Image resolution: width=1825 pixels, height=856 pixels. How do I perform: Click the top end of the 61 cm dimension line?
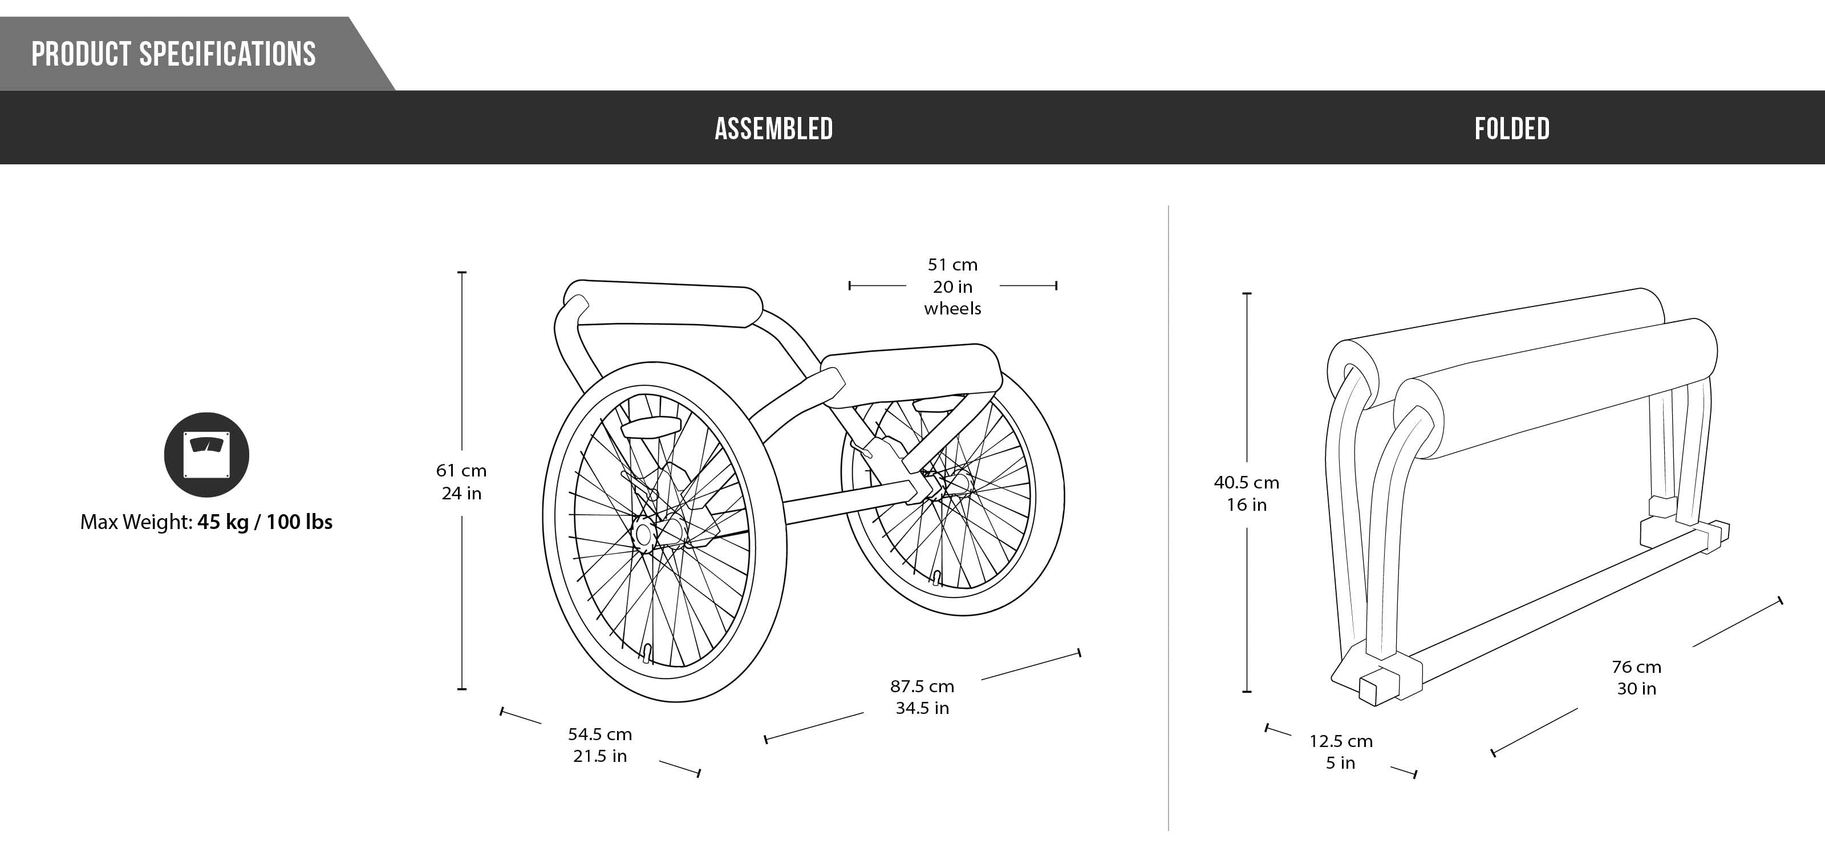tap(462, 272)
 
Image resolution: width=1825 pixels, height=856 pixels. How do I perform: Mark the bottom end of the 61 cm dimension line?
tap(462, 689)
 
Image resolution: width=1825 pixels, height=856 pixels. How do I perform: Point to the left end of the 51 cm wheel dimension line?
tap(849, 285)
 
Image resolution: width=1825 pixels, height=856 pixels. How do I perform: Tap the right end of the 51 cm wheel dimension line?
tap(1056, 285)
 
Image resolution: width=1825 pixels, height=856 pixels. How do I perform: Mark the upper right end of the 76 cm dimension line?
tap(1781, 601)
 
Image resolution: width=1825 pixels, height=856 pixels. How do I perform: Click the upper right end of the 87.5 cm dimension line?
tap(1079, 653)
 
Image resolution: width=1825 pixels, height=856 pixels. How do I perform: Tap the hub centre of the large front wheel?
tap(644, 534)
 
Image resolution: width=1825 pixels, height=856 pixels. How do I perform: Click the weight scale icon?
tap(207, 454)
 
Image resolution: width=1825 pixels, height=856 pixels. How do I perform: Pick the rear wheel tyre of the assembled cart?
tap(953, 489)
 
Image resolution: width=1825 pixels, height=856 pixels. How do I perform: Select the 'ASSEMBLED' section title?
tap(774, 129)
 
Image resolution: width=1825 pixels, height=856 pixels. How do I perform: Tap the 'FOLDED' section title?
tap(1512, 129)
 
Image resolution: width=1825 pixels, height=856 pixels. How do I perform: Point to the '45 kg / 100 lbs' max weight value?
tap(265, 522)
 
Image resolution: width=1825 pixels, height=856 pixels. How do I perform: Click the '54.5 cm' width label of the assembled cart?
tap(600, 734)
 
